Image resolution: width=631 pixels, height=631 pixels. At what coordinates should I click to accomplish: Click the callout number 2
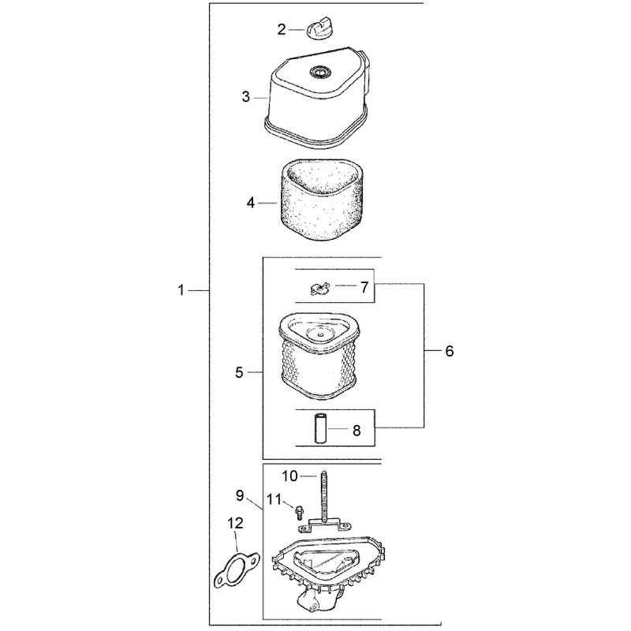point(282,29)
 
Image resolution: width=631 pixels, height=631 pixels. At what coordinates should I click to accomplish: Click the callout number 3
point(246,97)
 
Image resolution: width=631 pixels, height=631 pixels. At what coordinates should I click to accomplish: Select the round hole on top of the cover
point(320,72)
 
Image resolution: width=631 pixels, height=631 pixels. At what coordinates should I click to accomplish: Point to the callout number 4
point(251,203)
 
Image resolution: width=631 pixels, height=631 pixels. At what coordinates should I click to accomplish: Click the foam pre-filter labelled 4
point(321,200)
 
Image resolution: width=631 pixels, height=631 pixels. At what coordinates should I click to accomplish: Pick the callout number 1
point(181,290)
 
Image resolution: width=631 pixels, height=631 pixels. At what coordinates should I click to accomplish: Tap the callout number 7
point(364,287)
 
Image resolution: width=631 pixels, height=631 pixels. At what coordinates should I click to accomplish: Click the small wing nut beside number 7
point(320,288)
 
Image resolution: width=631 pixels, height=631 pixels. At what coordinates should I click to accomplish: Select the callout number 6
point(450,351)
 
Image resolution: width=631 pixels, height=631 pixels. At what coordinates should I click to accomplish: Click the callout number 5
point(239,372)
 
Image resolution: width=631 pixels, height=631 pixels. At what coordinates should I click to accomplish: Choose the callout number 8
point(357,431)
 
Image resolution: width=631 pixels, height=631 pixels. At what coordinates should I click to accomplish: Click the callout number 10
point(289,476)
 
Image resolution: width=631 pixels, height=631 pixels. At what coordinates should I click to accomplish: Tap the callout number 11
point(274,500)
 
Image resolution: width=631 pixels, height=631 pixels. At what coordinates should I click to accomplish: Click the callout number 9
point(240,496)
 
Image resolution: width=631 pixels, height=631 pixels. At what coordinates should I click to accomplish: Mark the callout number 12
point(235,523)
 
